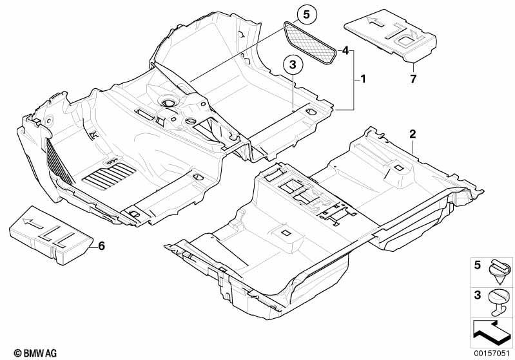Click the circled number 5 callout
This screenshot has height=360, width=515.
coord(306,15)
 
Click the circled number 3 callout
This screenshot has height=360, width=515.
coord(293,65)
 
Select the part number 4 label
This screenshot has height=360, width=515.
coord(345,51)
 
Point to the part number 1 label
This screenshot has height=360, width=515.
coord(363,79)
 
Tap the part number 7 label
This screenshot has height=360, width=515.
coord(413,79)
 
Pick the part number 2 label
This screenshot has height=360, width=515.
coord(413,134)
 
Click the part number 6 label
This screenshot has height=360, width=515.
coord(101,245)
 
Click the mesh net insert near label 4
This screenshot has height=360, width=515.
coord(311,43)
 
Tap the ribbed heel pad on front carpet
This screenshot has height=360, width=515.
coord(110,176)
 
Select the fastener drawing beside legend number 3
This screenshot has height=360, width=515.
coord(500,303)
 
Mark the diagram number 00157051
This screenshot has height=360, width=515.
coord(492,353)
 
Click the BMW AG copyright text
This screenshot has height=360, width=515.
coord(35,353)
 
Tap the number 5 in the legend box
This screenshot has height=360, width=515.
coord(478,265)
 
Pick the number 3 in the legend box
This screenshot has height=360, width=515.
coord(478,295)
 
